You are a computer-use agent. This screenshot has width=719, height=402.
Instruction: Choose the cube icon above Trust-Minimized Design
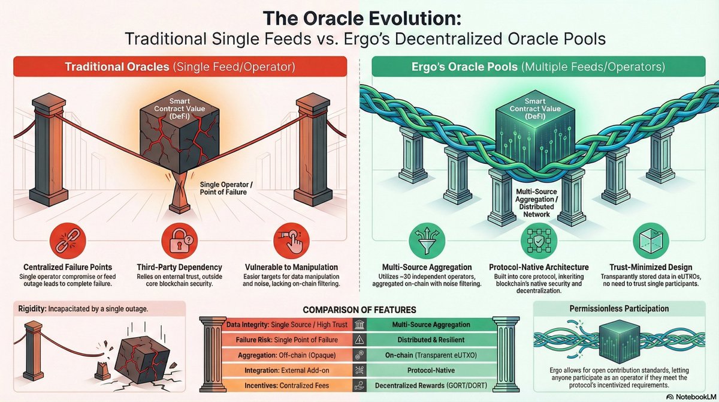point(648,241)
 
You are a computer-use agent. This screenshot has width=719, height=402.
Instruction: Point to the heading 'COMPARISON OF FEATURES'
point(359,310)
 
